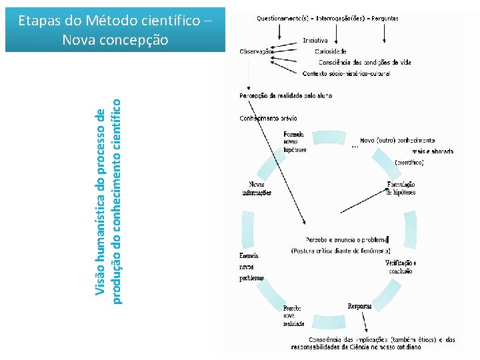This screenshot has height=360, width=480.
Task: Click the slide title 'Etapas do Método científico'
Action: pos(116,21)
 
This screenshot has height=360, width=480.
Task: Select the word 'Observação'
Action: pos(256,51)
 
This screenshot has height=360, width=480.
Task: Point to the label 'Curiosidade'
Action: pos(331,51)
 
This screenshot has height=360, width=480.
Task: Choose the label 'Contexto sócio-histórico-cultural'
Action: pos(346,73)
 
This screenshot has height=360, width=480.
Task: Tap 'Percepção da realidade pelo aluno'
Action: pos(285,96)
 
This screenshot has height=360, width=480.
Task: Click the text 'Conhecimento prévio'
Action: pos(268,119)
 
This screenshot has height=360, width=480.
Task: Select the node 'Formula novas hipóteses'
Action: pos(295,142)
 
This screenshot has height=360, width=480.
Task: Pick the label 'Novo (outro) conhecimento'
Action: pos(397,141)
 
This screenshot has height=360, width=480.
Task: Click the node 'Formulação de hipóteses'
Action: pos(401,188)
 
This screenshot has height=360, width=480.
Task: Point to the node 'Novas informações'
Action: pos(257,188)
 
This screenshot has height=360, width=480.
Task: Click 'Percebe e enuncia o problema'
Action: pos(346,239)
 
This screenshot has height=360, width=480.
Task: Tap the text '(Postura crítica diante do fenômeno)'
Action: pos(340,251)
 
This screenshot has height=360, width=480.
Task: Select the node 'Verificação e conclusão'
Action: pos(401,267)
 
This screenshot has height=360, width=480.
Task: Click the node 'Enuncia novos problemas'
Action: pos(251,267)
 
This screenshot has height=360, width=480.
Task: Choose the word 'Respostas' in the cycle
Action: pos(360,306)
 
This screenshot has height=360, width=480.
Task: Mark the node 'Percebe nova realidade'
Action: pos(293,315)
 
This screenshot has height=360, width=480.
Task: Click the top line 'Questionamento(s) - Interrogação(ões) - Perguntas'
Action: pos(327,19)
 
